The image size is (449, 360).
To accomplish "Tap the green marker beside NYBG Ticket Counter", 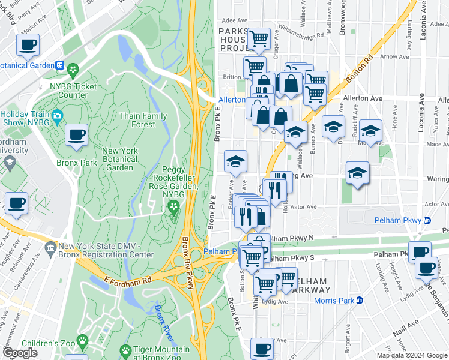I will pyautogui.click(x=73, y=70).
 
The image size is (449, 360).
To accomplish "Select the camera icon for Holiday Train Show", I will pyautogui.click(x=58, y=115).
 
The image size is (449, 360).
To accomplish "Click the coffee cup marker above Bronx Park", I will pyautogui.click(x=76, y=136).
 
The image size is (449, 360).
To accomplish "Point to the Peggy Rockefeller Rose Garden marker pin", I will pyautogui.click(x=174, y=208).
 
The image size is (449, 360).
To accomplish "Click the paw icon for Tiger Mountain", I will pyautogui.click(x=125, y=350).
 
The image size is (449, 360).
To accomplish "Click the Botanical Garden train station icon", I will pyautogui.click(x=59, y=65).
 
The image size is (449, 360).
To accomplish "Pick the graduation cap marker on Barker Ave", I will pyautogui.click(x=235, y=161).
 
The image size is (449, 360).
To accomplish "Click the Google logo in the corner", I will pyautogui.click(x=20, y=353).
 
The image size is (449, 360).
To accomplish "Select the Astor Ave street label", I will pyautogui.click(x=303, y=207).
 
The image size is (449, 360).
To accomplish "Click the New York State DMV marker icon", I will pyautogui.click(x=50, y=247).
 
